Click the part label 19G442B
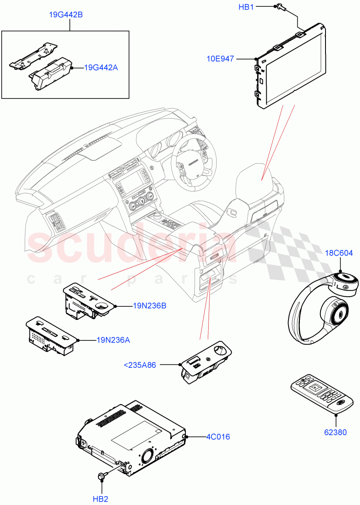tap(66, 15)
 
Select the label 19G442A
tap(101, 67)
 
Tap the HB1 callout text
tap(246, 7)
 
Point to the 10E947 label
tap(220, 59)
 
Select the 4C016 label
tap(218, 437)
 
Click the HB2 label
tap(101, 499)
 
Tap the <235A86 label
tap(140, 365)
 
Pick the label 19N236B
tap(149, 306)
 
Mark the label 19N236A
tap(113, 340)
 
